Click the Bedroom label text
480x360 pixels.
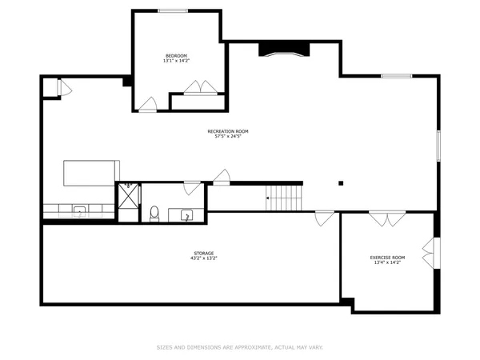point(176,55)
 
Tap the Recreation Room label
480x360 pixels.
point(228,130)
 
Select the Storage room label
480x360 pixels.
point(203,253)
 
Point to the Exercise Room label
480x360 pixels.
point(387,257)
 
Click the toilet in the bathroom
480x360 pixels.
point(154,214)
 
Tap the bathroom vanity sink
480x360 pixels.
point(186,214)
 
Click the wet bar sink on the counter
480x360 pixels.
point(79,211)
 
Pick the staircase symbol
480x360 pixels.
point(285,197)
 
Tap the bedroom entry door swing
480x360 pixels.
point(148,105)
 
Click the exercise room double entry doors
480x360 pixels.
point(387,218)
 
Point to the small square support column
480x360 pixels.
point(340,182)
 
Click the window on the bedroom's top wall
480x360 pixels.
point(174,10)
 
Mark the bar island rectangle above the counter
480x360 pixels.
point(91,172)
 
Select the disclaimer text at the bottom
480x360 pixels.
point(239,347)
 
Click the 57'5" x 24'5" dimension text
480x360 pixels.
point(228,136)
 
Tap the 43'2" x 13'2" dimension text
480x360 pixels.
point(203,258)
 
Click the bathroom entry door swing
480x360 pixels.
point(191,188)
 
